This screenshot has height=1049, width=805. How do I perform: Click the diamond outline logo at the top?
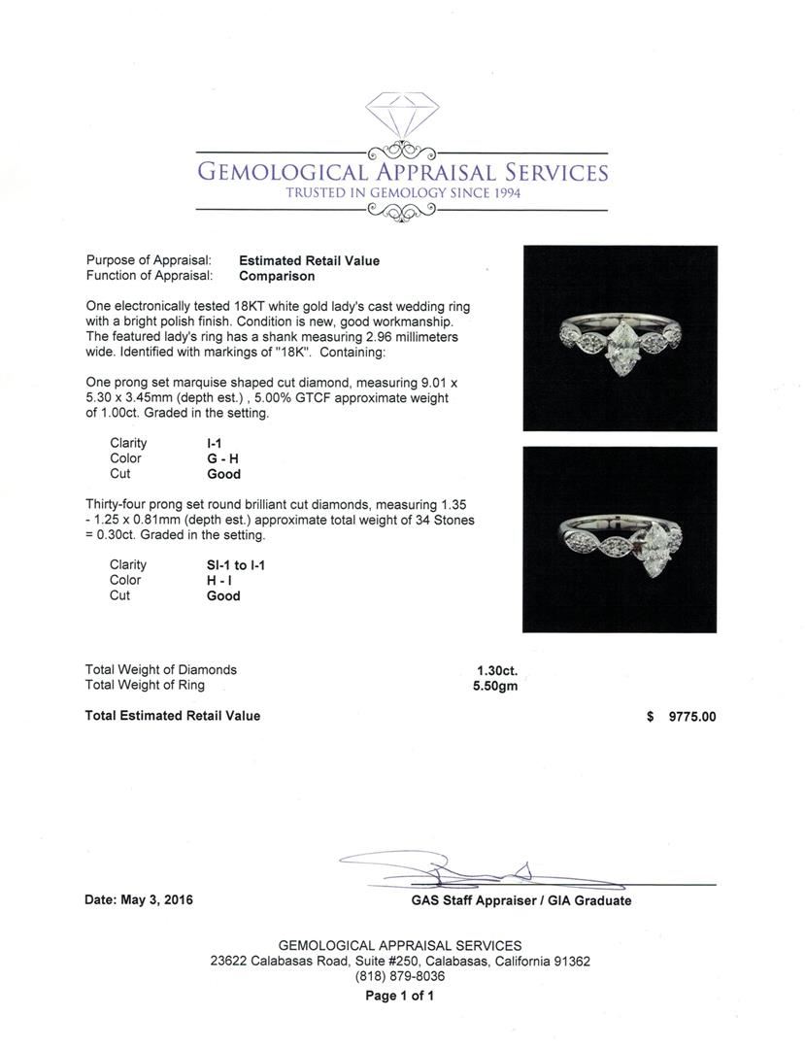(x=402, y=116)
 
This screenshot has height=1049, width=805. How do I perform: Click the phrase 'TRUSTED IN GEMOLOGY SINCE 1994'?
(x=402, y=193)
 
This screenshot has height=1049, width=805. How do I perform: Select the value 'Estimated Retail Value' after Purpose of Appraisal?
(x=309, y=260)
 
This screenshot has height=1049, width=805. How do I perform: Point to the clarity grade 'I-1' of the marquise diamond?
(x=216, y=443)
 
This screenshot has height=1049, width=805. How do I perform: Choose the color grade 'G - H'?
(x=223, y=458)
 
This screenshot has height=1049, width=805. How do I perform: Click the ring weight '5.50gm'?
(x=495, y=686)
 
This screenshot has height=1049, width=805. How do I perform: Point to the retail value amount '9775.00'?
(x=692, y=717)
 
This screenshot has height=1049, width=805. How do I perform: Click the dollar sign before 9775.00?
(x=650, y=717)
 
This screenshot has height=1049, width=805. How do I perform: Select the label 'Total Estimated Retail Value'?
(x=173, y=716)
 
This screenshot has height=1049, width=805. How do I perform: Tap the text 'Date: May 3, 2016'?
(x=139, y=900)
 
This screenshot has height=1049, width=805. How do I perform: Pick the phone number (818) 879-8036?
(x=400, y=977)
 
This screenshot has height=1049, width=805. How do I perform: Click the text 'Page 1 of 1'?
(x=400, y=996)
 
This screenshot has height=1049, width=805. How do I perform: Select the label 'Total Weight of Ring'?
(x=145, y=685)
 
